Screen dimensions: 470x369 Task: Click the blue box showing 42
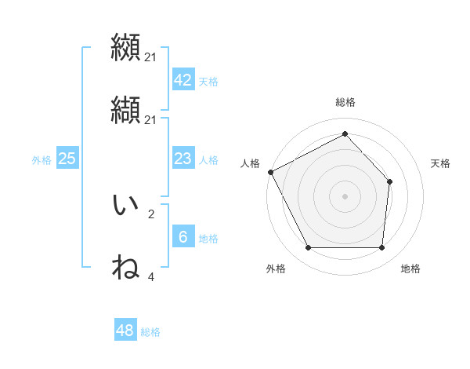pyautogui.click(x=183, y=80)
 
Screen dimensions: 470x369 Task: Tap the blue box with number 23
pyautogui.click(x=183, y=159)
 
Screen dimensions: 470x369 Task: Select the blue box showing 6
pyautogui.click(x=183, y=237)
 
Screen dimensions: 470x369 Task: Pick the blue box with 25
pyautogui.click(x=67, y=159)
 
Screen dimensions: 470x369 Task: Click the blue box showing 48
pyautogui.click(x=125, y=331)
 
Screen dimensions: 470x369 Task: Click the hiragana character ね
pyautogui.click(x=125, y=267)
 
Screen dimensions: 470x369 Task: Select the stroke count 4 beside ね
pyautogui.click(x=151, y=277)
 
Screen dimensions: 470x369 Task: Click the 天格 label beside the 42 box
pyautogui.click(x=208, y=82)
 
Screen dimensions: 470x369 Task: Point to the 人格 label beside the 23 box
pyautogui.click(x=208, y=160)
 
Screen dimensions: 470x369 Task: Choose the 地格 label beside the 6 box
pyautogui.click(x=208, y=239)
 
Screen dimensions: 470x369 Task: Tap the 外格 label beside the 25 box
pyautogui.click(x=42, y=160)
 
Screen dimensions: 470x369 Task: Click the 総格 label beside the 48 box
pyautogui.click(x=150, y=332)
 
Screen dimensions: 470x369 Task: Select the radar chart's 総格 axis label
pyautogui.click(x=345, y=102)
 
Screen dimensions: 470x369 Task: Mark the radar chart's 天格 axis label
pyautogui.click(x=441, y=163)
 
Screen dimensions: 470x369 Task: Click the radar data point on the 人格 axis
pyautogui.click(x=270, y=172)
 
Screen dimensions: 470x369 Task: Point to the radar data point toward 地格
pyautogui.click(x=381, y=248)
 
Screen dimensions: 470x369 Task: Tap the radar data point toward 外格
pyautogui.click(x=308, y=248)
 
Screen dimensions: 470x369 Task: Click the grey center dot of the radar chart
pyautogui.click(x=345, y=195)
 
